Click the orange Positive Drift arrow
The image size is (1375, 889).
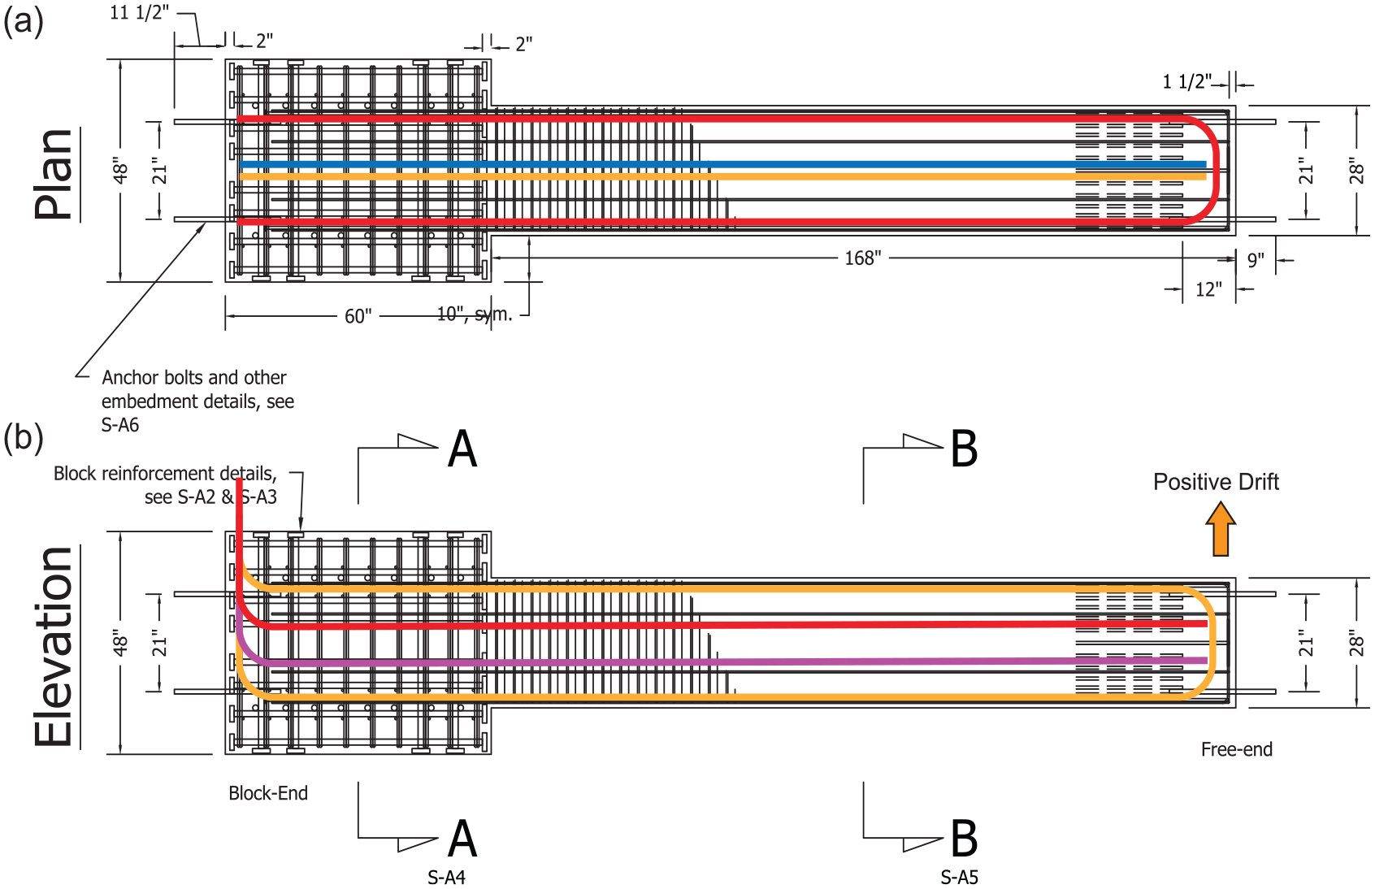(x=1221, y=529)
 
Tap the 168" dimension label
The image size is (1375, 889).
(x=862, y=258)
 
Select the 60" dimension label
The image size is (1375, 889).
(x=358, y=316)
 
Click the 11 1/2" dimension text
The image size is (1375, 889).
(x=139, y=12)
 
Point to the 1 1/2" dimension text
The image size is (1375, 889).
(x=1187, y=81)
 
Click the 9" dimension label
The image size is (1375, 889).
(x=1256, y=260)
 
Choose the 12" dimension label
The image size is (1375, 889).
(x=1208, y=289)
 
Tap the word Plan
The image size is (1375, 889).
(x=54, y=174)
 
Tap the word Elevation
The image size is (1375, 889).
(x=54, y=647)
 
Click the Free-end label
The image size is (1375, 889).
(x=1236, y=749)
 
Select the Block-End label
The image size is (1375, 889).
(x=268, y=793)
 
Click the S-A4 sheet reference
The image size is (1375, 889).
(x=446, y=878)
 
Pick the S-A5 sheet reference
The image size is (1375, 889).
(x=960, y=878)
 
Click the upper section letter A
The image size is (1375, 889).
(x=462, y=449)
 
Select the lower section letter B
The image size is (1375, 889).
(x=964, y=839)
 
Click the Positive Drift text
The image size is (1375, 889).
(x=1216, y=482)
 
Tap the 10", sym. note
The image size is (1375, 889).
(x=475, y=314)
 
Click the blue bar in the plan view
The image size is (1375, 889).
(x=722, y=164)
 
